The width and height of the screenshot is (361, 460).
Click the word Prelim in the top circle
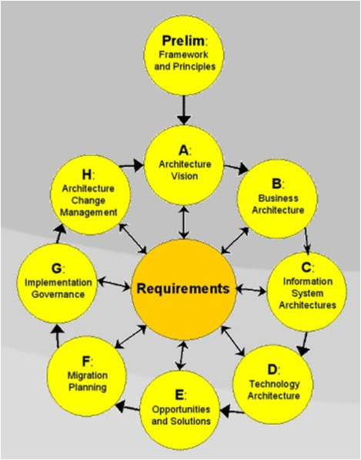(x=183, y=41)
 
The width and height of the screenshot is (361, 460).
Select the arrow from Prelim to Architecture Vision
(x=184, y=110)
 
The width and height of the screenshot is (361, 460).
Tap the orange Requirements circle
(x=184, y=290)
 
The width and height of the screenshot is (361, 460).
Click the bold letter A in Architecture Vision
(x=183, y=151)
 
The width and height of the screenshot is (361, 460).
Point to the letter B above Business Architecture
(x=276, y=184)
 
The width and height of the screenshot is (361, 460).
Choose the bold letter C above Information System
(x=306, y=267)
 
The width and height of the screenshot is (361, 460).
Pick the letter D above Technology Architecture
(x=272, y=369)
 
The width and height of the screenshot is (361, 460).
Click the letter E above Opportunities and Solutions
(x=179, y=395)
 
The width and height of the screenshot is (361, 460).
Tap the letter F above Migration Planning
(x=86, y=362)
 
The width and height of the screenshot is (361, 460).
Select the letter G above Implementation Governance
(x=56, y=269)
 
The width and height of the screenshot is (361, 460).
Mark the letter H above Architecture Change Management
(x=87, y=175)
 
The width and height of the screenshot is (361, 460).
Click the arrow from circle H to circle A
(x=132, y=165)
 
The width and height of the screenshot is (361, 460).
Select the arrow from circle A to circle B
(x=236, y=168)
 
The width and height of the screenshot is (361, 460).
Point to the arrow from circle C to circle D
(x=303, y=343)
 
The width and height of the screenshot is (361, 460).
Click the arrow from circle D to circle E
(x=232, y=412)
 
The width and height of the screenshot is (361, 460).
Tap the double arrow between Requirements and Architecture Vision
(x=184, y=222)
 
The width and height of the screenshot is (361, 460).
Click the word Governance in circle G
(x=58, y=295)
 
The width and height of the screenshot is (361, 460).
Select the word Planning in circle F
(x=87, y=387)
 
